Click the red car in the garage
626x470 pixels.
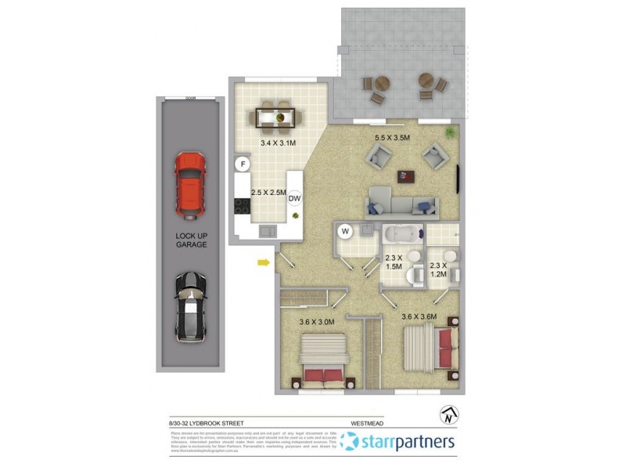click(x=189, y=185)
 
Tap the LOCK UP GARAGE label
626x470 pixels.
click(x=191, y=239)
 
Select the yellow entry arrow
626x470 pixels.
click(x=264, y=263)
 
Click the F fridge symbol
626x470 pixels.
click(x=243, y=164)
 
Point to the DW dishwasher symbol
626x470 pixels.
click(x=294, y=198)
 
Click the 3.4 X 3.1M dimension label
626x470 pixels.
click(x=278, y=144)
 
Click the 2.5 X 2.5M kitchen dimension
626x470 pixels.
click(x=268, y=192)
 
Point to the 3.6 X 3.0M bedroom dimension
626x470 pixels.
click(x=317, y=321)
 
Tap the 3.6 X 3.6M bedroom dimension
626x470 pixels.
click(x=419, y=316)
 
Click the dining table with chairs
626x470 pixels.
click(x=278, y=118)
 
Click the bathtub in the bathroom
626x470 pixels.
click(x=402, y=234)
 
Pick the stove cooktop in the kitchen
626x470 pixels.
click(x=240, y=207)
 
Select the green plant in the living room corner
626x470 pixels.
click(x=451, y=133)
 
